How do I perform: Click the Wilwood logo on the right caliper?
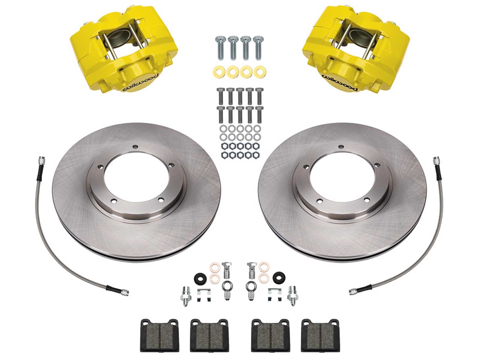(x=340, y=82)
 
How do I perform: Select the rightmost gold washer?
(x=260, y=71)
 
